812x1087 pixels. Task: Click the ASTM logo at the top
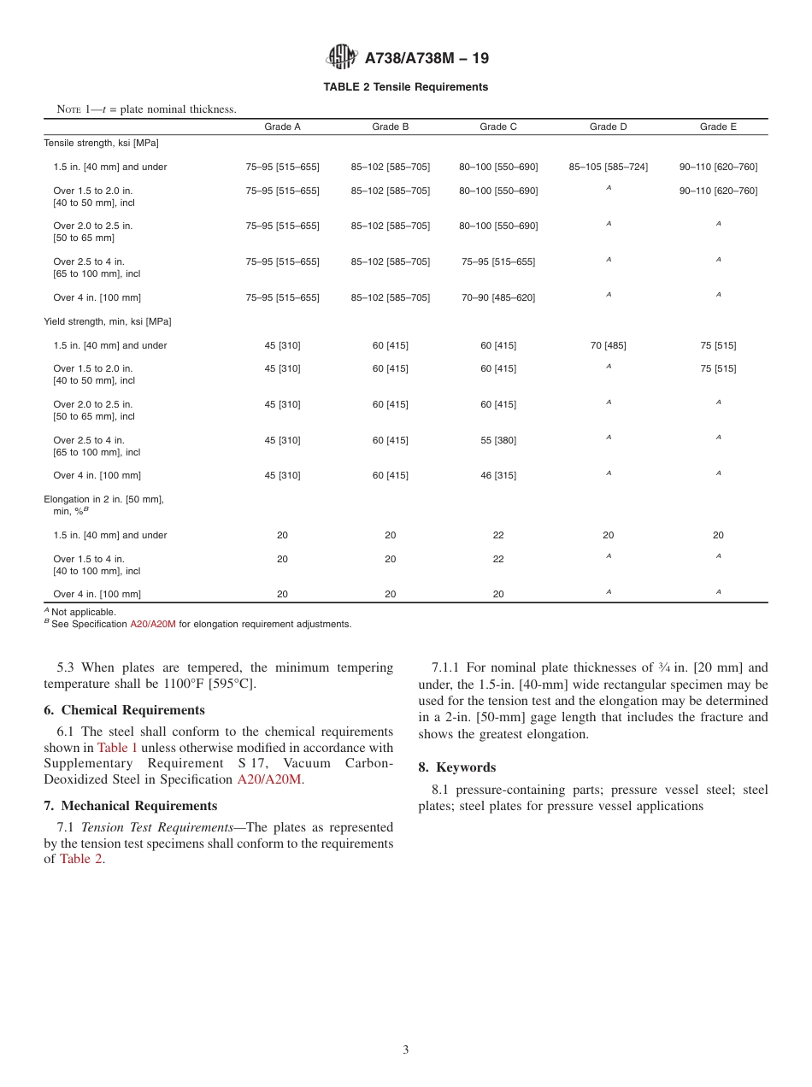coord(342,57)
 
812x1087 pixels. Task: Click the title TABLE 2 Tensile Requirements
coord(405,87)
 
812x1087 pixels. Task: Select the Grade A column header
coord(282,126)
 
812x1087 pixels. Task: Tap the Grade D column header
coord(608,126)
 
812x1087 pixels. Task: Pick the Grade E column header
coord(718,126)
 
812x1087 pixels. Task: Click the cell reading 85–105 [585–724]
coord(608,167)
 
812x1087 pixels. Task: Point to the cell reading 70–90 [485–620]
coord(497,297)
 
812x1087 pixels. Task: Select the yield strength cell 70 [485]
coord(608,346)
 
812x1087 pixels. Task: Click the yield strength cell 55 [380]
coord(497,441)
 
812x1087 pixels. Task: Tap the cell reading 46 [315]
coord(497,476)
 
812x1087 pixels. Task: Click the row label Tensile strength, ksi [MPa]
coord(101,144)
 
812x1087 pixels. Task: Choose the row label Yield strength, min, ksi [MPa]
coord(107,322)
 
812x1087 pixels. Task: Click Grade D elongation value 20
coord(608,536)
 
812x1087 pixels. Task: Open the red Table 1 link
coord(117,748)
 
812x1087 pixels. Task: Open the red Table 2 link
coord(80,860)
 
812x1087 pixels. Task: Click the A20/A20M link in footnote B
coord(152,625)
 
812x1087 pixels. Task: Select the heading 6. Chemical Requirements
coord(124,710)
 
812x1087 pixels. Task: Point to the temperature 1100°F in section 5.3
coord(188,684)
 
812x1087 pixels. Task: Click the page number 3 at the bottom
coord(405,1050)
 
